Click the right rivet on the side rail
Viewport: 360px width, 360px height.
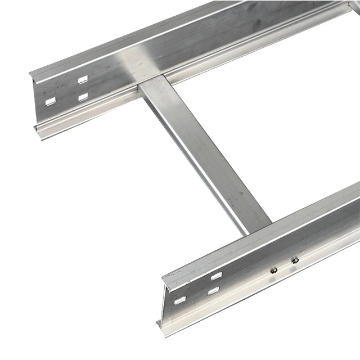(x=294, y=260)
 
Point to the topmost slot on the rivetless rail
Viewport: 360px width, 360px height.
(x=83, y=80)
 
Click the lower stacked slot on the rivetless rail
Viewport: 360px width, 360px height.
(x=83, y=97)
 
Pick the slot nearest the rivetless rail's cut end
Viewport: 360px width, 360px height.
(x=51, y=101)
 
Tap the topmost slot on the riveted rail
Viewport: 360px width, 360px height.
(x=216, y=276)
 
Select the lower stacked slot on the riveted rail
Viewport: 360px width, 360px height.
(x=213, y=291)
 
